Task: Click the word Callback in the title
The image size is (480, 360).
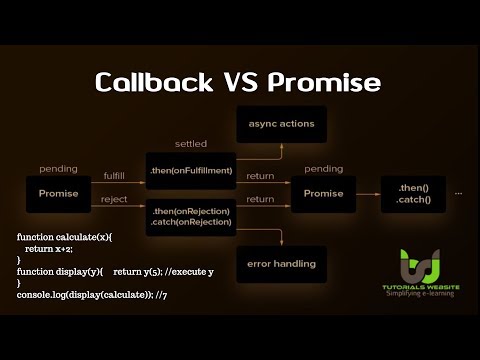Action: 148,82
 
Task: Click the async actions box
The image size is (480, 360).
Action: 275,124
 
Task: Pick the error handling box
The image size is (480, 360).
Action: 275,264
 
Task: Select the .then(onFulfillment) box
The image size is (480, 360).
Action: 190,171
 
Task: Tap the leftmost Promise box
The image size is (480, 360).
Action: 58,193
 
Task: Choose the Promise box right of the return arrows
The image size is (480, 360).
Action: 323,193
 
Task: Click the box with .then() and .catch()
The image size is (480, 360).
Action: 412,193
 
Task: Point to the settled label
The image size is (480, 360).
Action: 190,144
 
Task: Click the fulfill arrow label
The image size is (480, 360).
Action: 114,175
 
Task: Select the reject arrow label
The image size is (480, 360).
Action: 114,200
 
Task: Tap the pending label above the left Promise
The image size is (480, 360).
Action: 58,169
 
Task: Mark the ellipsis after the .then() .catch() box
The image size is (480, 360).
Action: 458,189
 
